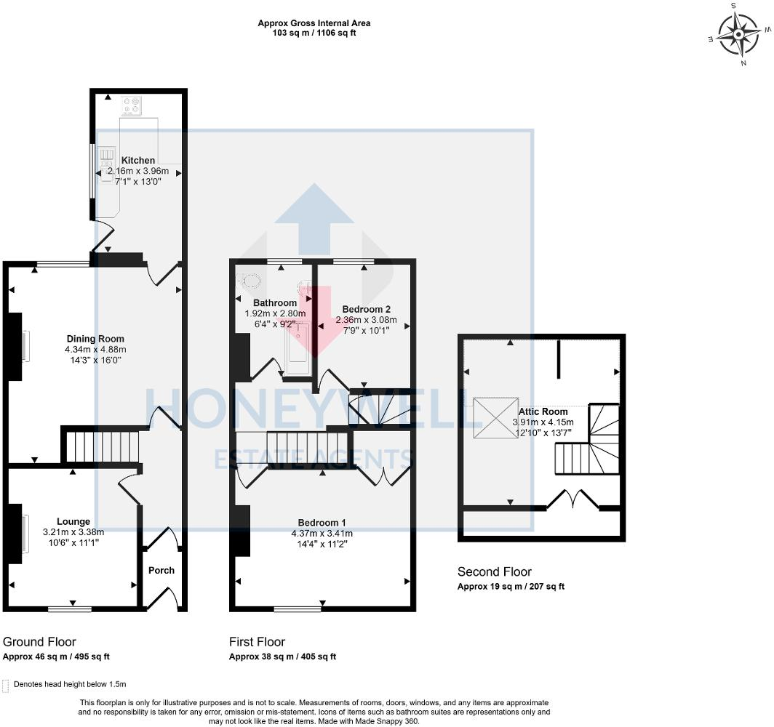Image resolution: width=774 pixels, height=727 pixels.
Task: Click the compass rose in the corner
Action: click(x=738, y=34)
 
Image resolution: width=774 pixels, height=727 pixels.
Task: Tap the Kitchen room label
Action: click(x=137, y=160)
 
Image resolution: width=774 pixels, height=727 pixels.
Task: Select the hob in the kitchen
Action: click(x=131, y=105)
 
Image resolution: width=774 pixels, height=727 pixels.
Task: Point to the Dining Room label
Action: click(x=95, y=339)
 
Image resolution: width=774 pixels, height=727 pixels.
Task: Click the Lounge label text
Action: click(x=73, y=521)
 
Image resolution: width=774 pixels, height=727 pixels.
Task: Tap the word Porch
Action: click(x=161, y=570)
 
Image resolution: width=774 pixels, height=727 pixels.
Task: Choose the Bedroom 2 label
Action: click(x=367, y=309)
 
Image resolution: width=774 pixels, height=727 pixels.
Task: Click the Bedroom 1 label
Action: click(x=322, y=523)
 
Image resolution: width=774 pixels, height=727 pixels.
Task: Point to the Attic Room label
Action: click(x=543, y=411)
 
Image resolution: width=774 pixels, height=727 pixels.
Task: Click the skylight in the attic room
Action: click(x=495, y=418)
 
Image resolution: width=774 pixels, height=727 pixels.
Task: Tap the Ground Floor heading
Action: click(x=39, y=642)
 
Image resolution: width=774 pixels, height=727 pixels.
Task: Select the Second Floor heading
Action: click(x=494, y=571)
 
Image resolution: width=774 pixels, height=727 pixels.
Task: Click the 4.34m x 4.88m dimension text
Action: click(x=95, y=350)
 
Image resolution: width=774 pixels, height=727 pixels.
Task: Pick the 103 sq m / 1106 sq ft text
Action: click(x=314, y=33)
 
